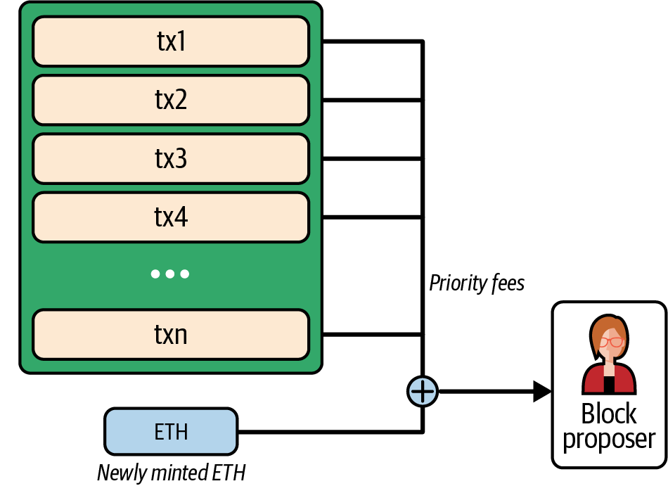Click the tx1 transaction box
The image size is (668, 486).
pos(171,42)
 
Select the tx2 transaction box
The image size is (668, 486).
pos(171,101)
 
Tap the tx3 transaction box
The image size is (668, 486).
pos(171,159)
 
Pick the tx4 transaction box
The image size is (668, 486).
pos(171,217)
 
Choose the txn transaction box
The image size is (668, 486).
pos(171,334)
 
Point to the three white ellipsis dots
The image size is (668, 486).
pos(170,274)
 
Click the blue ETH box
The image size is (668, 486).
pos(171,431)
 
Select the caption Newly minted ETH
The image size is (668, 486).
pos(171,473)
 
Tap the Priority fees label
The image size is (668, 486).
pos(477,283)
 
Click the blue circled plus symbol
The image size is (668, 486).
pos(423,391)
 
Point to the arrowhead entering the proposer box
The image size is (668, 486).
pos(541,391)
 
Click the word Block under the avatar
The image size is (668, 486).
pos(609,414)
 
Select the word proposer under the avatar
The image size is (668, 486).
pos(609,439)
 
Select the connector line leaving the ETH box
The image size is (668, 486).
pos(330,431)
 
